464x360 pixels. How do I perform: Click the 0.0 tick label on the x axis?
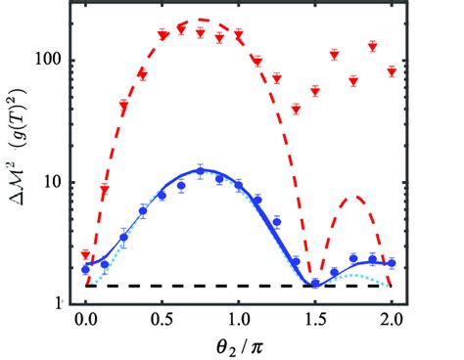point(85,318)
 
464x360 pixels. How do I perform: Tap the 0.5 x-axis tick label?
point(162,318)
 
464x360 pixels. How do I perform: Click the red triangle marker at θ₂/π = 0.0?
point(85,254)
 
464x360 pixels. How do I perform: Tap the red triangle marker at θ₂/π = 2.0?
point(392,71)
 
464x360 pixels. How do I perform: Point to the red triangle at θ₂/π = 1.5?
point(315,91)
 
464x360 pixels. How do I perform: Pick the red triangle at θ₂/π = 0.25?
point(123,105)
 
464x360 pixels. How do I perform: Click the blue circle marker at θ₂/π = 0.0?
point(85,268)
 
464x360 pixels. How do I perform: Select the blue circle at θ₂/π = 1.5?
point(315,285)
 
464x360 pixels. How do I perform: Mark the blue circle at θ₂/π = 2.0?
point(392,263)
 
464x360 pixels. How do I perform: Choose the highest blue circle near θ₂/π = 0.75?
point(200,170)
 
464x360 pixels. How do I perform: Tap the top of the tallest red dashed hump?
point(200,20)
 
